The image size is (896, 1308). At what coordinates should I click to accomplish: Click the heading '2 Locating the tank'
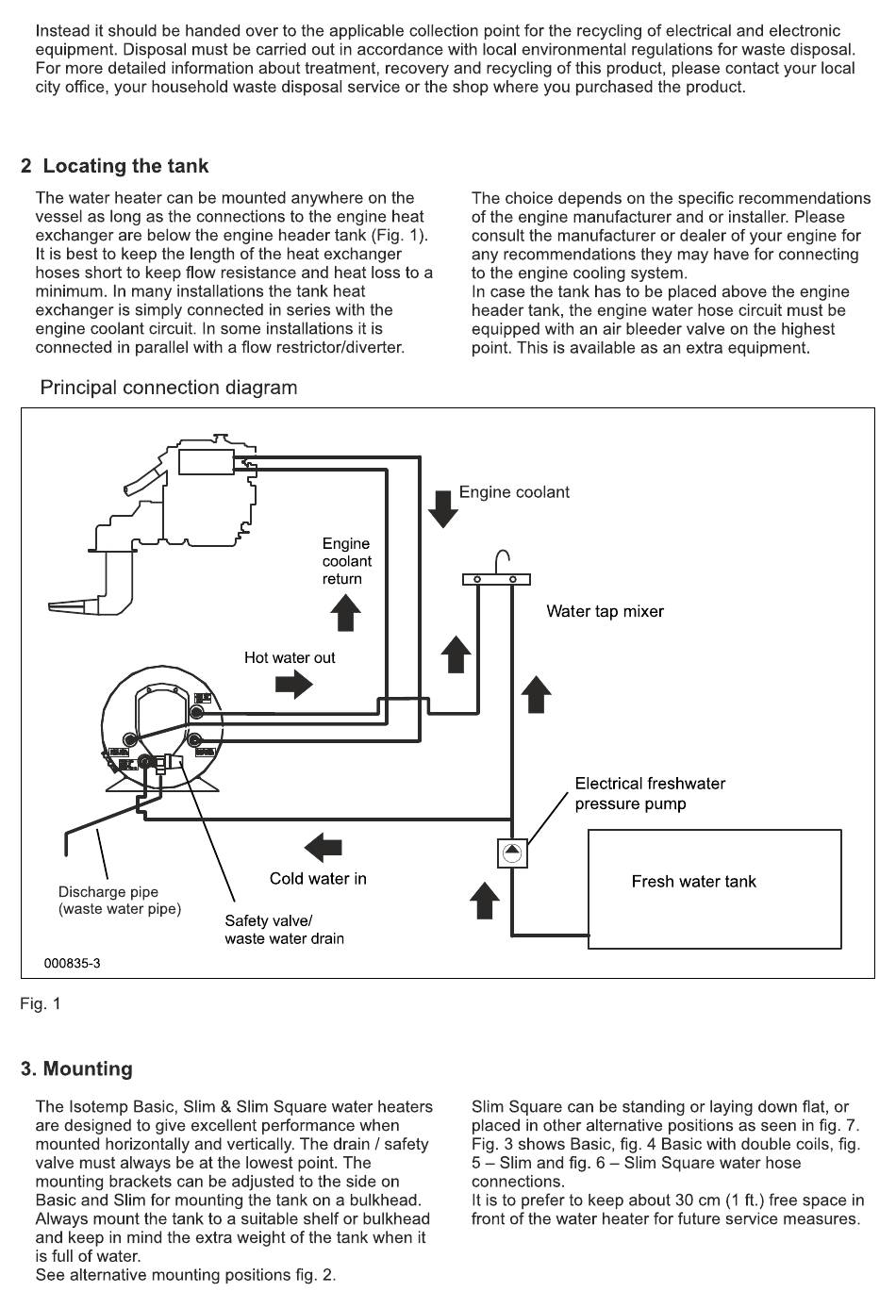coord(114,166)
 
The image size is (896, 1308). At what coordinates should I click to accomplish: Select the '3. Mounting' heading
coord(76,1068)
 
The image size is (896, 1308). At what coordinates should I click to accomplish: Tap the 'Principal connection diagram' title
coord(169,388)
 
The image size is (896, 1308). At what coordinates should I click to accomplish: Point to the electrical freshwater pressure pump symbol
coord(512,853)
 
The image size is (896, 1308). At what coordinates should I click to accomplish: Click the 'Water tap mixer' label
coord(606,611)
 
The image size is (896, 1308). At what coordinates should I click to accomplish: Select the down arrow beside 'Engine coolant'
coord(442,509)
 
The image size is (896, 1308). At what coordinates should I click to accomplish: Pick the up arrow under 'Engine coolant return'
coord(346,613)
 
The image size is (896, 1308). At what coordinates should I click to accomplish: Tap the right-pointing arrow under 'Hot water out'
coord(294,684)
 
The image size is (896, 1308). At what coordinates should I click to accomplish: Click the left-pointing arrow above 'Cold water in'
coord(323,847)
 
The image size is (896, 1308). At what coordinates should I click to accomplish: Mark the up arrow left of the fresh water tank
coord(484,900)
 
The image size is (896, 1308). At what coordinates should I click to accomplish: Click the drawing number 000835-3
coord(72,963)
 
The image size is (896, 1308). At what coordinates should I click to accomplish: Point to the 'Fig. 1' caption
coord(41,1003)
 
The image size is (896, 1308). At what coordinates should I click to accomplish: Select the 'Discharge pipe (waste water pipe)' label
coord(120,900)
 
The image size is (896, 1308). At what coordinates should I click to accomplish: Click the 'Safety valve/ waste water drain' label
coord(285,930)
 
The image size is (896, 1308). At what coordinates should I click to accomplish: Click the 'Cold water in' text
coord(318,879)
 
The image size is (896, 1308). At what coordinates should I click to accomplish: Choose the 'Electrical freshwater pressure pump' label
coord(650,793)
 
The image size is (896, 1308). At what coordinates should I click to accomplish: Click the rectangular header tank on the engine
coord(207,462)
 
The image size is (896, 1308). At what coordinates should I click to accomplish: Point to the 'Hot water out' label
coord(290,657)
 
